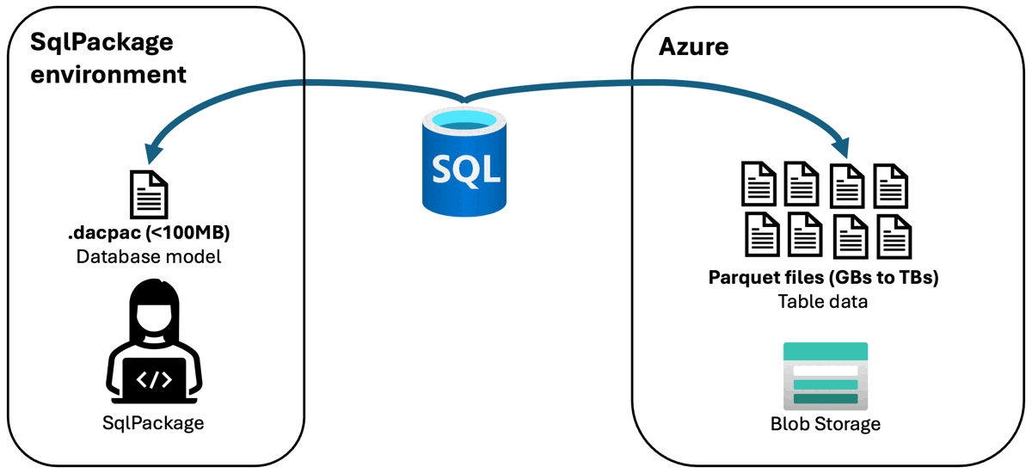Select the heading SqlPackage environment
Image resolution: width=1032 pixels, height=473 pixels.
point(108,58)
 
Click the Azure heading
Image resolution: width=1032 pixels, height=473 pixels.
point(693,46)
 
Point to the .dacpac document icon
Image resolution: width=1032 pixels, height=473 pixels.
point(149,193)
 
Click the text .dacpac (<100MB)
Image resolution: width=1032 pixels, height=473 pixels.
point(148,234)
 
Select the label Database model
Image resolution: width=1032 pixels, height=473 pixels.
point(149,256)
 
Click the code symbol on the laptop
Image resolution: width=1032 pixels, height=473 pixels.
point(154,378)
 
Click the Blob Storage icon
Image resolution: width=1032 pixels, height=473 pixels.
point(826,375)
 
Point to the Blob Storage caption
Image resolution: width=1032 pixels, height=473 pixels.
point(826,424)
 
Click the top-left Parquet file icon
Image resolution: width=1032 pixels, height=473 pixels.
point(758,184)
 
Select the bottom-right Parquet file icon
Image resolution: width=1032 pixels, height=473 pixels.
point(894,235)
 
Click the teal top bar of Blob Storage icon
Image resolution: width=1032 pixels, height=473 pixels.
point(826,352)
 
